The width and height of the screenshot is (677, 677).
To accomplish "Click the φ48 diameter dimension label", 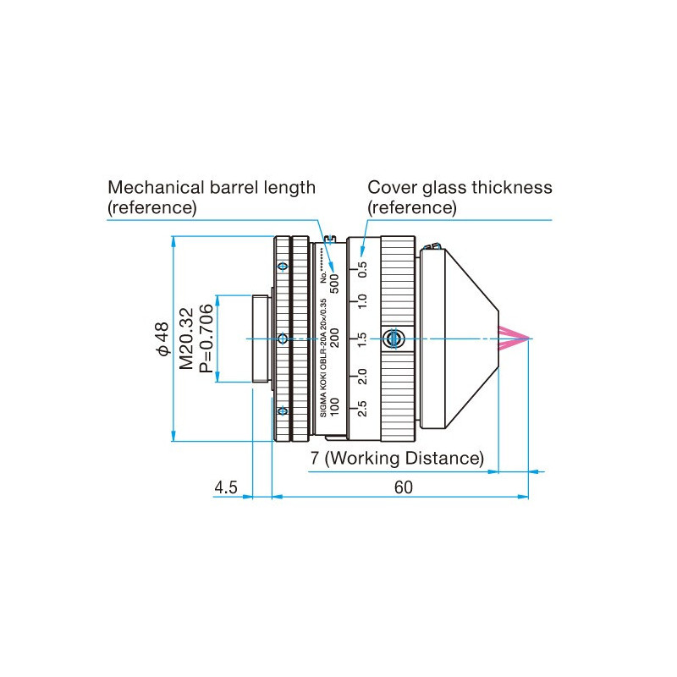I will pyautogui.click(x=162, y=338).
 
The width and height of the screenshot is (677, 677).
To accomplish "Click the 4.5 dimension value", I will pyautogui.click(x=226, y=487).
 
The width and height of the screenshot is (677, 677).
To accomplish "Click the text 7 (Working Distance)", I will pyautogui.click(x=397, y=459).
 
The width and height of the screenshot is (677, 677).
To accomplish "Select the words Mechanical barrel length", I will pyautogui.click(x=211, y=187).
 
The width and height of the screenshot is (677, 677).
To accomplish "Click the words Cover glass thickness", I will pyautogui.click(x=460, y=187).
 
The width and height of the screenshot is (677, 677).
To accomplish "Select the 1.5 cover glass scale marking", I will pyautogui.click(x=363, y=339).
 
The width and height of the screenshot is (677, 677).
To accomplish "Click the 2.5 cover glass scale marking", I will pyautogui.click(x=363, y=409).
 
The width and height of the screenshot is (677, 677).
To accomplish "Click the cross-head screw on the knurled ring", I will pyautogui.click(x=391, y=338).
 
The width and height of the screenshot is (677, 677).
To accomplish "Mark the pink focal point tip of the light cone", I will pyautogui.click(x=529, y=338).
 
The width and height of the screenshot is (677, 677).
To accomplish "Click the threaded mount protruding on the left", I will pyautogui.click(x=261, y=338).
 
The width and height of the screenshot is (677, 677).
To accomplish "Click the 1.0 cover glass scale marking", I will pyautogui.click(x=363, y=304).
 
